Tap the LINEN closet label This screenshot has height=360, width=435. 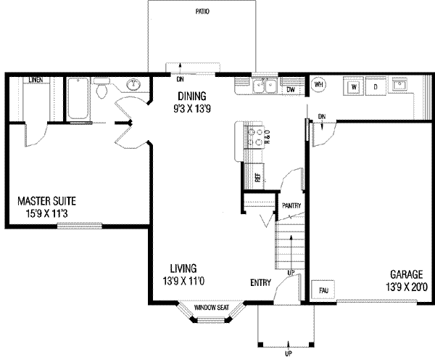click(x=34, y=79)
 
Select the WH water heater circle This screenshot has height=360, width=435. click(x=319, y=86)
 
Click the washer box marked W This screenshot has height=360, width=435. click(x=355, y=87)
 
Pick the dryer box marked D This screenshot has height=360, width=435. click(x=376, y=87)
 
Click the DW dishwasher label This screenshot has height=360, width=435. click(x=290, y=89)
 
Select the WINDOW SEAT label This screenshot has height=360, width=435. click(x=212, y=308)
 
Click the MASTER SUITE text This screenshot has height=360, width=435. click(x=46, y=201)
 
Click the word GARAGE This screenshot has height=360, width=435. click(x=407, y=274)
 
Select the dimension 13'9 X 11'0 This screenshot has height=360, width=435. click(x=184, y=280)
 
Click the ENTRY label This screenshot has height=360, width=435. click(x=262, y=282)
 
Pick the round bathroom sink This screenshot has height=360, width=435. click(x=133, y=86)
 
